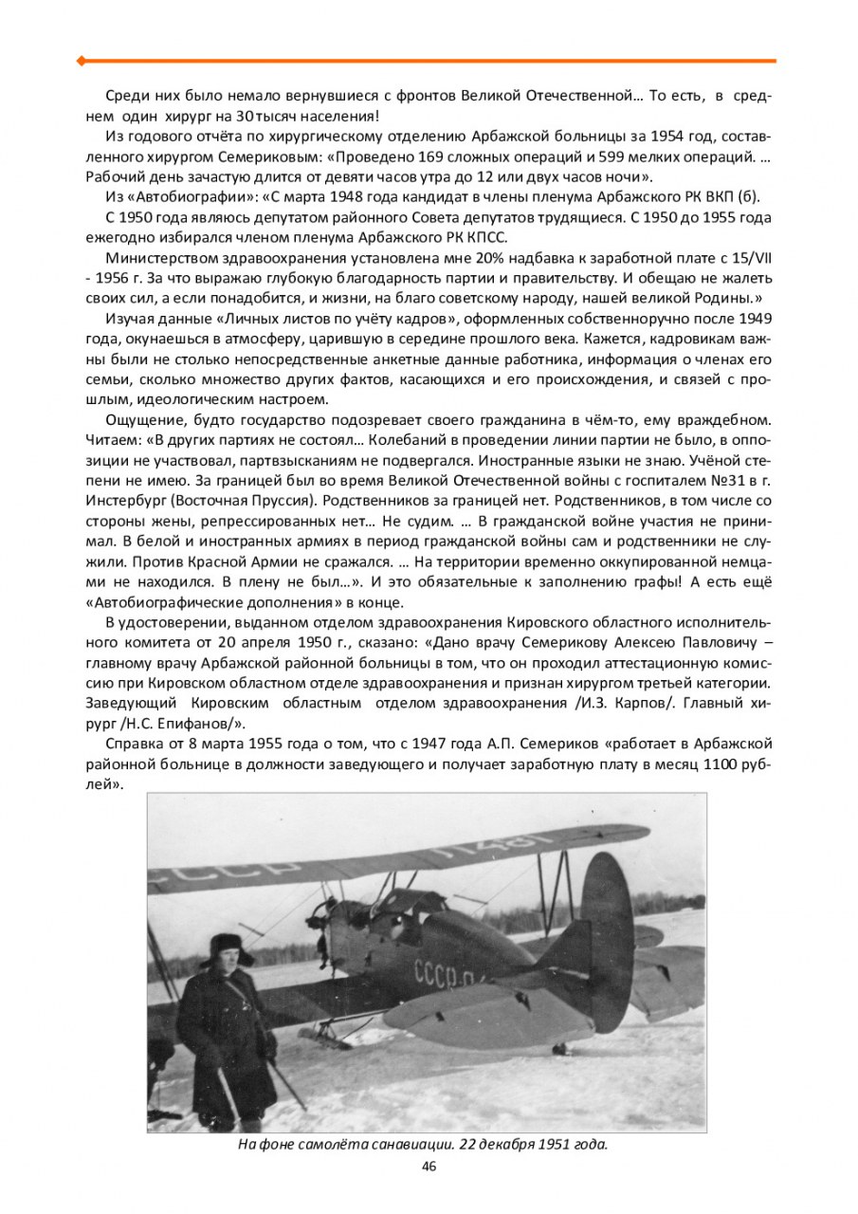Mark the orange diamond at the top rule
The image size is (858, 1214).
click(x=82, y=61)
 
